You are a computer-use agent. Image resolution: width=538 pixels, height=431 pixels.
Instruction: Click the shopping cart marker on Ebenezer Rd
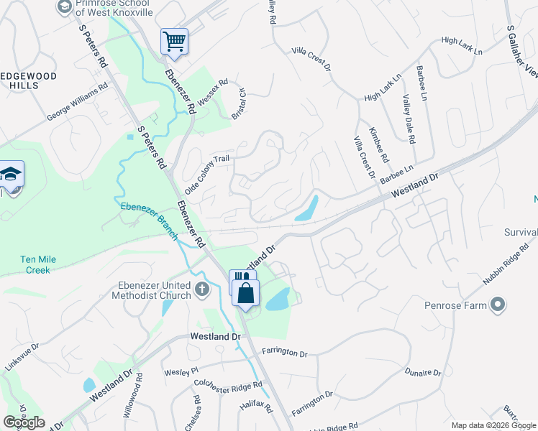coord(174,42)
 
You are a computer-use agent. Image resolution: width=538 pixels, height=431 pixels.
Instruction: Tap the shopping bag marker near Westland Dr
coord(246,294)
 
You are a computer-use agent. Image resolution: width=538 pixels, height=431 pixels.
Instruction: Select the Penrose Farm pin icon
coord(497,306)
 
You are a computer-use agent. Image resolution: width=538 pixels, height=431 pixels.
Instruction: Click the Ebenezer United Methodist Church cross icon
coord(202,290)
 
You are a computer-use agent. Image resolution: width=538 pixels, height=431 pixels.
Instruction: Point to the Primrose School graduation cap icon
coord(63,6)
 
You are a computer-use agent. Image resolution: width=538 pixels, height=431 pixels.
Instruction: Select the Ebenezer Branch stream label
coord(148,215)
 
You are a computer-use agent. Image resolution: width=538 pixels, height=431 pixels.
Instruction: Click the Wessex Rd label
coord(212,93)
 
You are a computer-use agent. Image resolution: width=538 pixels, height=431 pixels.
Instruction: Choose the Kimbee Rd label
coord(378,144)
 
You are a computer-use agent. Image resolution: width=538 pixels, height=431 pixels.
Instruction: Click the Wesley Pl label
coord(181,372)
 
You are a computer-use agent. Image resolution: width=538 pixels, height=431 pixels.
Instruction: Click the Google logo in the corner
coord(24,422)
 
